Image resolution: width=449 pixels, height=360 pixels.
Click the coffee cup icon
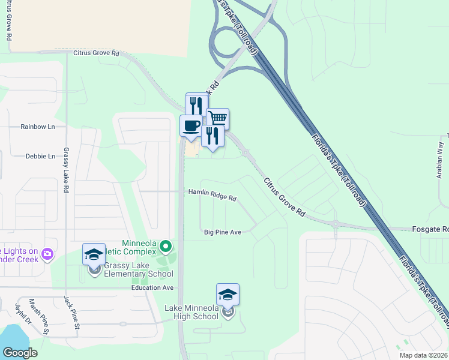[x=191, y=126]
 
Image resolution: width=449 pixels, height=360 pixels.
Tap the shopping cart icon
[x=217, y=118]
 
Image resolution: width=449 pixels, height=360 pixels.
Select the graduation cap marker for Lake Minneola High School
[x=228, y=295]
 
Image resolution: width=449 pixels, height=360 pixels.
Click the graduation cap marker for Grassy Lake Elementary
[x=94, y=254]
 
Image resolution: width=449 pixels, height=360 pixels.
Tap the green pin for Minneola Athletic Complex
[x=167, y=246]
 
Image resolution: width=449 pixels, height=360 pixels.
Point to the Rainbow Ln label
[x=37, y=127]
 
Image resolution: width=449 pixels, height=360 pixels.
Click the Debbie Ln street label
[x=40, y=156]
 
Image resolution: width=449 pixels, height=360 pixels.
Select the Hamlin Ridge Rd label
[x=212, y=195]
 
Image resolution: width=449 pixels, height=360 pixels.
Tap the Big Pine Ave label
[x=222, y=232]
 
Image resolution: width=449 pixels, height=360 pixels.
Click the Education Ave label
[x=152, y=288]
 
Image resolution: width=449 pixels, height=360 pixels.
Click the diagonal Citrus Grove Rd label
[x=284, y=197]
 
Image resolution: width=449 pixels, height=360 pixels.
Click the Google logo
[x=20, y=353]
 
